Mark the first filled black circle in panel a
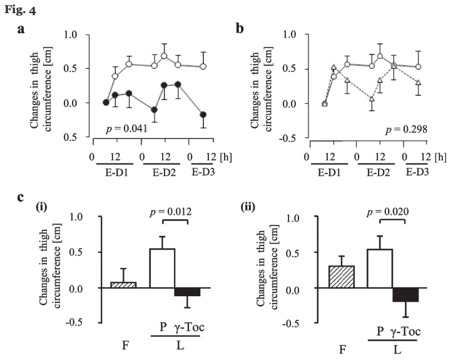tap(106, 103)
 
